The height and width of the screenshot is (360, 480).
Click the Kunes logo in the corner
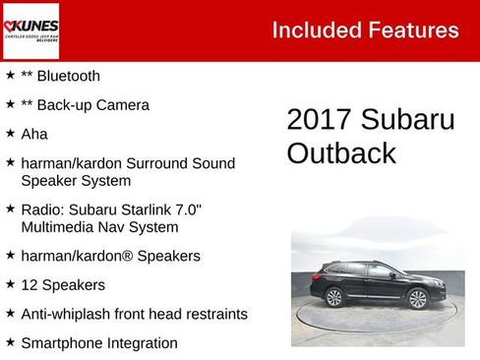tap(30, 30)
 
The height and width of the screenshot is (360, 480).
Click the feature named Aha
tap(34, 133)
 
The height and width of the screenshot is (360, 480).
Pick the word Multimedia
tap(58, 227)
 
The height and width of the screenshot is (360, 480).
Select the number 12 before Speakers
tap(30, 285)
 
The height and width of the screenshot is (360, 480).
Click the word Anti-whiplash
tap(69, 314)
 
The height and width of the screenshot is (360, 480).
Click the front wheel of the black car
tap(418, 298)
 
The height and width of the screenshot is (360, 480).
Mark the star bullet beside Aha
tap(10, 133)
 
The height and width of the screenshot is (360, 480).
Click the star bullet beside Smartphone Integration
tap(10, 342)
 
